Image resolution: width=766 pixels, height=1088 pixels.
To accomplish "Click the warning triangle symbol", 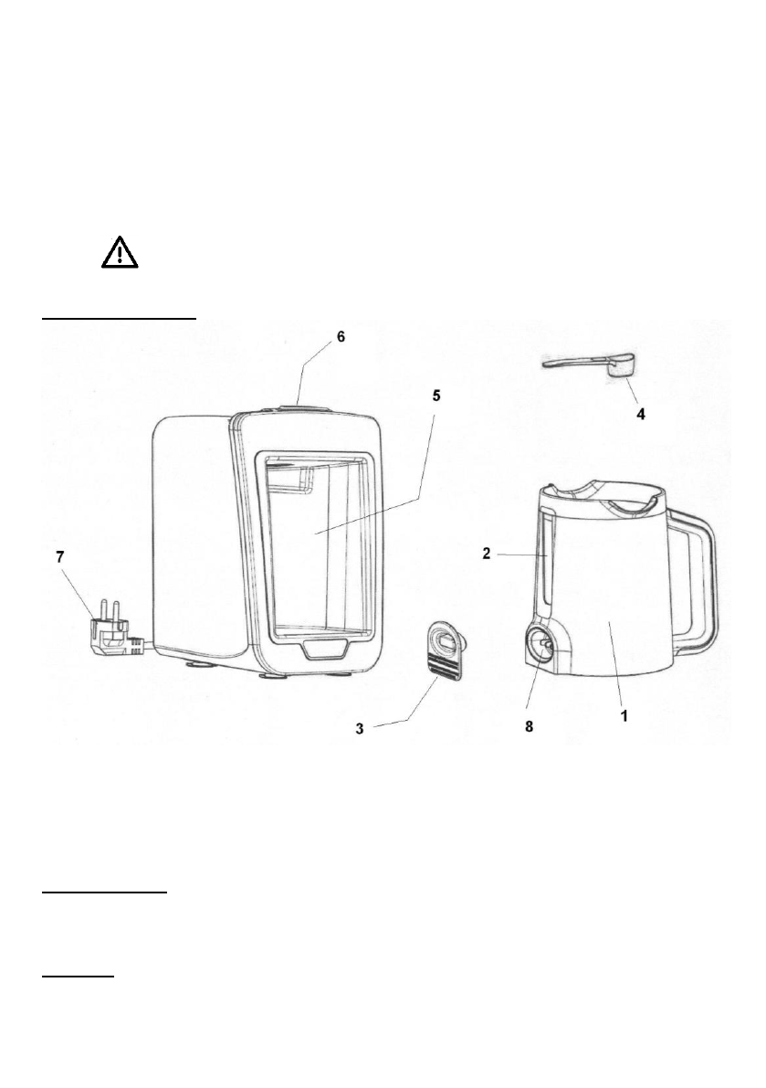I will point(120,251).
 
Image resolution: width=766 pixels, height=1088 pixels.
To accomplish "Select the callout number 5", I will point(435,396).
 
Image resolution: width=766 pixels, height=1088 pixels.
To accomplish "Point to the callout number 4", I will point(641,413).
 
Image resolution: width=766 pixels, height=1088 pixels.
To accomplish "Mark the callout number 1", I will point(624,717).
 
